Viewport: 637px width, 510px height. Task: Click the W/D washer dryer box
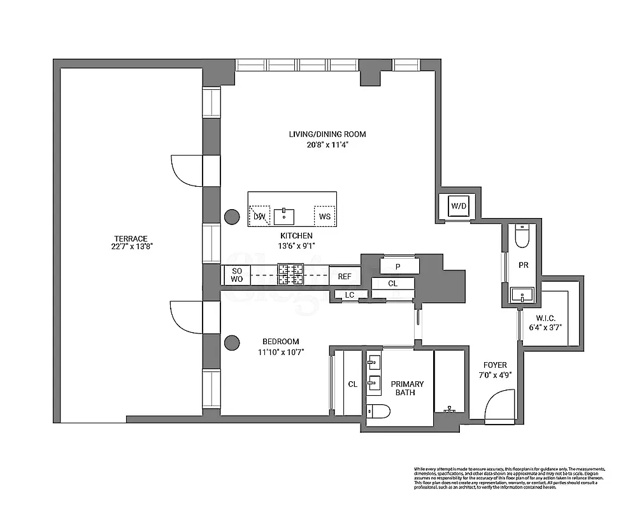[x=458, y=207]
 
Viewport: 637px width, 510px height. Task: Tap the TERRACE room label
[x=132, y=239]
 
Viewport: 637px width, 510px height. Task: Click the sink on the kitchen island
[x=284, y=216]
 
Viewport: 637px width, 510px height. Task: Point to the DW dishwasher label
[x=259, y=216]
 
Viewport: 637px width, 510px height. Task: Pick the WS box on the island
[x=325, y=216]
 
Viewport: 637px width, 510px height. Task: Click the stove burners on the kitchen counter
[x=290, y=275]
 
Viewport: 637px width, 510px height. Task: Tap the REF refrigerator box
[x=345, y=276]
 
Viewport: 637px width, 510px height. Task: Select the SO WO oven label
[x=236, y=275]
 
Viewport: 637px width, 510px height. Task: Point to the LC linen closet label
[x=349, y=295]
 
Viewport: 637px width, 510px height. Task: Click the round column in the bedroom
[x=231, y=343]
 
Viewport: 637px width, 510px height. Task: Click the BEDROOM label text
[x=280, y=342]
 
